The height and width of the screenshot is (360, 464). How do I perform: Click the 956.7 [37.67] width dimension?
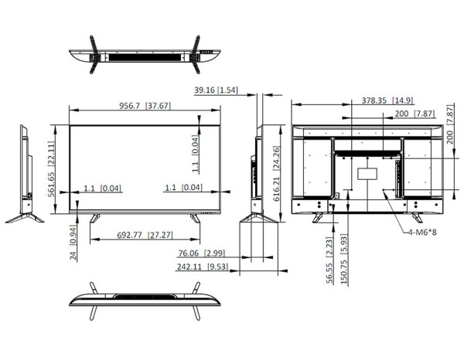click(145, 106)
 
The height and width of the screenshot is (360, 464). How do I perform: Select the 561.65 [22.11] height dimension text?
click(51, 169)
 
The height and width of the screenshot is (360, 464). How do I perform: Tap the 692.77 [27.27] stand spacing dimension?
click(145, 235)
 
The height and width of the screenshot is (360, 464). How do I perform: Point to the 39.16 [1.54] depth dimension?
click(216, 90)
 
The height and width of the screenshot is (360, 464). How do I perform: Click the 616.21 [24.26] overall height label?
click(276, 174)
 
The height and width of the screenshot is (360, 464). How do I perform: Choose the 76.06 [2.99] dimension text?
click(202, 253)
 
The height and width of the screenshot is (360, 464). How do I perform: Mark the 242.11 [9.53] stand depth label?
click(203, 267)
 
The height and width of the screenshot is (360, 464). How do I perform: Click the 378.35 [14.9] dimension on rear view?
click(387, 100)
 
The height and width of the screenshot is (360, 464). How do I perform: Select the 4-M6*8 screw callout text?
click(422, 232)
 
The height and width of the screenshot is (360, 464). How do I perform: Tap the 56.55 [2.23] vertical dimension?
click(329, 260)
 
